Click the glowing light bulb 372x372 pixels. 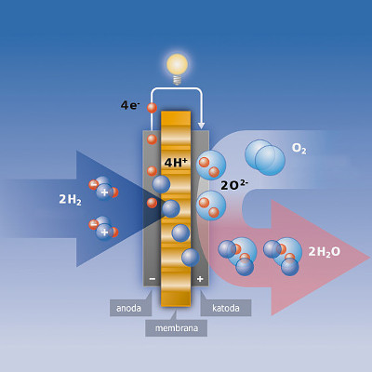[177, 69]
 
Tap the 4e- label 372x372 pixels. [130, 105]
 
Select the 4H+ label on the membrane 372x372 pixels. [176, 162]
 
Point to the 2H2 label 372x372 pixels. [70, 199]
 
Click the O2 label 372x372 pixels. [299, 149]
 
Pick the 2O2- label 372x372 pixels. [234, 185]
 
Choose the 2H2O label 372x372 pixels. [324, 252]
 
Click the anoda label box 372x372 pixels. [130, 308]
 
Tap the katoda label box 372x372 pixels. [226, 308]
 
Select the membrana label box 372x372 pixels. [177, 328]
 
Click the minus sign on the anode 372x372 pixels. [153, 279]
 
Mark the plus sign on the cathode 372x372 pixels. [200, 279]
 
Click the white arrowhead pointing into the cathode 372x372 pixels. [202, 126]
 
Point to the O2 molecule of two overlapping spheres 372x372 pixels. [265, 157]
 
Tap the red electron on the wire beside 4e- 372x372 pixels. [152, 108]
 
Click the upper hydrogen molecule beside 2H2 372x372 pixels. [103, 188]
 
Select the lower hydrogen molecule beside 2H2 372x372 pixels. [103, 229]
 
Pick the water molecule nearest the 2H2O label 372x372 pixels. [283, 256]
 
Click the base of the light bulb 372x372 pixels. [177, 80]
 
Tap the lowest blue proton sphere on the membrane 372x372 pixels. [191, 258]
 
